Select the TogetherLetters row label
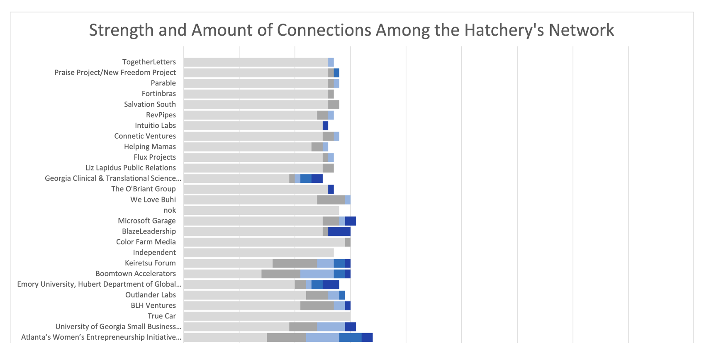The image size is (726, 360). pos(149,62)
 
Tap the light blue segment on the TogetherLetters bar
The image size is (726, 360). pos(331,62)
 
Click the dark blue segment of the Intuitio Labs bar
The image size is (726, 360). pos(325,126)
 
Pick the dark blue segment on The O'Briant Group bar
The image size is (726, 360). pos(331,189)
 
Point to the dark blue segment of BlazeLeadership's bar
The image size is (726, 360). pos(339,231)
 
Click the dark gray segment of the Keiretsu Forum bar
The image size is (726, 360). pos(295,263)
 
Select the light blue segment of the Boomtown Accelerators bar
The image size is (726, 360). pos(317,274)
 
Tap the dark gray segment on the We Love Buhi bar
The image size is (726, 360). pos(331,200)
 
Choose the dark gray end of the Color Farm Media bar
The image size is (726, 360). pos(348,242)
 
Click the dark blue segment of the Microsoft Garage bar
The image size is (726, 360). pos(350,221)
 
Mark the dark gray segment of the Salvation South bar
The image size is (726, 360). pos(334,105)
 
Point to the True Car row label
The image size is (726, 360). pos(161,316)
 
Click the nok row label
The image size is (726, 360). pos(170,210)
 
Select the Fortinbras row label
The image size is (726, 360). pos(158,94)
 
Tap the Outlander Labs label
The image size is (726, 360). pos(151,295)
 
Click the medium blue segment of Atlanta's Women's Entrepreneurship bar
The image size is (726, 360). pos(350,337)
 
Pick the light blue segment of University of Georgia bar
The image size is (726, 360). pos(331,327)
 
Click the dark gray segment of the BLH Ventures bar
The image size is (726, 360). pos(317,306)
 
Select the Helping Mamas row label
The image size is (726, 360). pos(150,147)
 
